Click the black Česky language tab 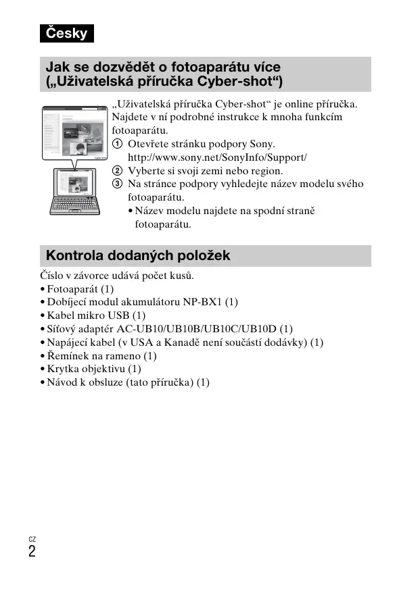[66, 32]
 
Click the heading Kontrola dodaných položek [138, 255]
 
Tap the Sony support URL [217, 157]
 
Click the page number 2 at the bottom [32, 551]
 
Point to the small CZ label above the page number [32, 539]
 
